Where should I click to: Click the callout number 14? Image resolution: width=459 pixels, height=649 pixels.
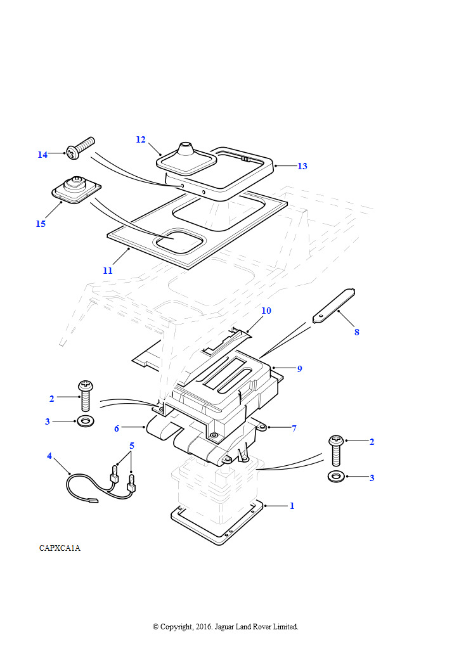[42, 155]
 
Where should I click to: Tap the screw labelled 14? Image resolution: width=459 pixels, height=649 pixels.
[81, 148]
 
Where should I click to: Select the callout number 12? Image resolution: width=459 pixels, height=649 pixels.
[141, 139]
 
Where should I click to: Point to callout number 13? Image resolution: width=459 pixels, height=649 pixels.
[302, 166]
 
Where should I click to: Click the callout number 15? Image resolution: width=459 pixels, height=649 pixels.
[41, 224]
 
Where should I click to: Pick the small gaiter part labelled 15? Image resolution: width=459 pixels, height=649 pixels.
[77, 190]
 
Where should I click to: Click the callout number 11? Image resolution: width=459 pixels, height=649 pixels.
[108, 271]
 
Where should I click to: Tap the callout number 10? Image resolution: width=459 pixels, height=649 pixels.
[266, 311]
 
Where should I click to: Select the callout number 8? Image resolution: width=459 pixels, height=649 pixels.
[357, 332]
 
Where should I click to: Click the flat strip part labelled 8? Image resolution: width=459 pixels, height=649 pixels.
[333, 306]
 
